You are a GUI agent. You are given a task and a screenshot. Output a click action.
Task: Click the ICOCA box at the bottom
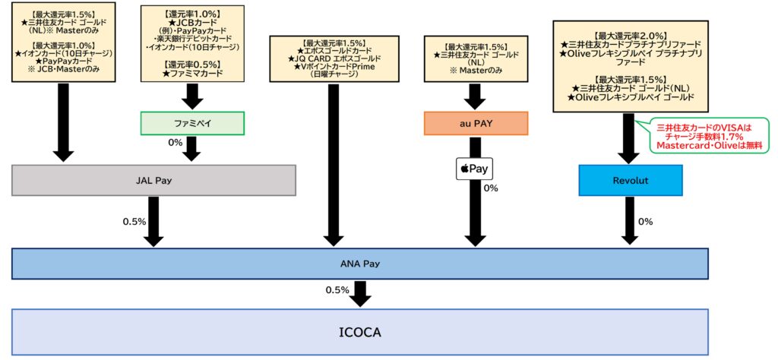click(x=361, y=333)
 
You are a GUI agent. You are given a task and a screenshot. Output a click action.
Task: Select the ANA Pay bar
click(x=361, y=264)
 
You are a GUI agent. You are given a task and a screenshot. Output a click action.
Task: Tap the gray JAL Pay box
click(x=153, y=181)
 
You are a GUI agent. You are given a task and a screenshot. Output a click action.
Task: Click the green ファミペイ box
click(x=192, y=123)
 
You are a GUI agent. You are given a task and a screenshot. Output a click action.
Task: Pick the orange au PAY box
click(x=476, y=123)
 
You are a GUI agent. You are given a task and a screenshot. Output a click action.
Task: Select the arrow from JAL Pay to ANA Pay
click(x=154, y=221)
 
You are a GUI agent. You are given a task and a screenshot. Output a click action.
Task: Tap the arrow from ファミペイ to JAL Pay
click(x=192, y=148)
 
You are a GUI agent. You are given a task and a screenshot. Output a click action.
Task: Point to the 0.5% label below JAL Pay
click(x=134, y=222)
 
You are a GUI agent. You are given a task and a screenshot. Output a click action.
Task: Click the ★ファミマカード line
click(x=192, y=73)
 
